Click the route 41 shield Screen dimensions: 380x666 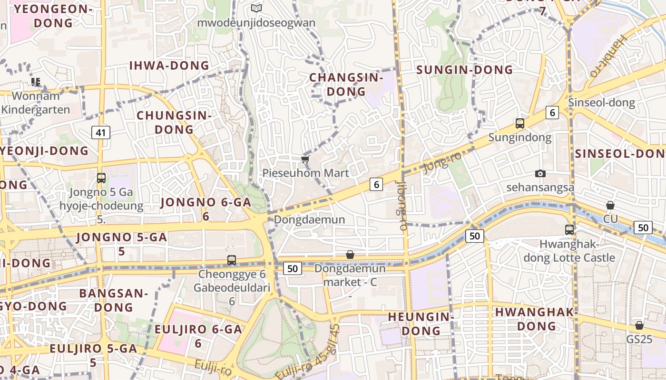(101, 132)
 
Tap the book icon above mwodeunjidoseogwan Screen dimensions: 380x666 (256, 8)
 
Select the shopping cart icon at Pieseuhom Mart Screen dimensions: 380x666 (305, 159)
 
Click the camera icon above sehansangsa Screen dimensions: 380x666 (540, 173)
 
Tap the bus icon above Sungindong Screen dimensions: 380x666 (520, 123)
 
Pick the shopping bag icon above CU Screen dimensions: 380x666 (610, 205)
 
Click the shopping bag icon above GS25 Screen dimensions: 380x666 (639, 325)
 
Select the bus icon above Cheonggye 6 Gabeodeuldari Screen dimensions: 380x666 (232, 260)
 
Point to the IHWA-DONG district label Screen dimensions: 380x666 (169, 66)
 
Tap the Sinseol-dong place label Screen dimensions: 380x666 (601, 102)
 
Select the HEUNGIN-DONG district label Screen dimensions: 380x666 (421, 323)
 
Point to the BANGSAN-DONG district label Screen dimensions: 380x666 (114, 300)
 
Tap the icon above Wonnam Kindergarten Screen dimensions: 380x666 (36, 82)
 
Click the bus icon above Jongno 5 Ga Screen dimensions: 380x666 (101, 178)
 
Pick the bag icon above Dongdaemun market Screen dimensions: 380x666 (350, 255)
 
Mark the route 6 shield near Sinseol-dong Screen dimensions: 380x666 (552, 113)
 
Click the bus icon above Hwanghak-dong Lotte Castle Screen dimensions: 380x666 (569, 229)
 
